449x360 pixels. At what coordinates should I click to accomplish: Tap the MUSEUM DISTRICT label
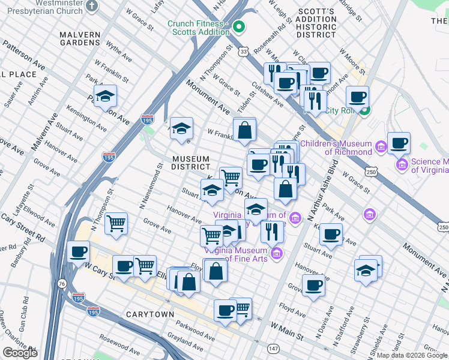pos(190,163)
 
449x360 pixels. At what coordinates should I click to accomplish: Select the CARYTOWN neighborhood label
pos(150,314)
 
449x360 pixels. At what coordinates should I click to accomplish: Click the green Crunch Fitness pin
pos(238,26)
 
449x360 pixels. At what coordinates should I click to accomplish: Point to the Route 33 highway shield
pos(243,52)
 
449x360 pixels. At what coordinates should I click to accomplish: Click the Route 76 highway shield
pos(62,283)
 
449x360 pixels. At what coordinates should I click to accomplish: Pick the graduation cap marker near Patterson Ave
pos(105,97)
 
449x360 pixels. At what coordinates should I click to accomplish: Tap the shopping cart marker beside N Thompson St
pos(116,223)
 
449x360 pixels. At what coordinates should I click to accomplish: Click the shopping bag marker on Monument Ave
pos(244,130)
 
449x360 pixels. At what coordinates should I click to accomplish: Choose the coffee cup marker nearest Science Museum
pos(399,144)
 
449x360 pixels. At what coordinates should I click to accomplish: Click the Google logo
pos(20,353)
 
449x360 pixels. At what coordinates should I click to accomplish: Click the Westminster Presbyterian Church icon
pos(91,5)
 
